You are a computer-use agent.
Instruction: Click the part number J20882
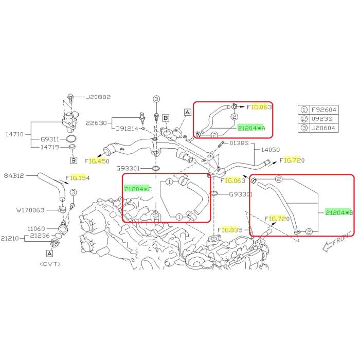click(98, 97)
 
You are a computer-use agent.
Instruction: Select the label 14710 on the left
click(14, 134)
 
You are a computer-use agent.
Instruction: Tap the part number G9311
click(50, 139)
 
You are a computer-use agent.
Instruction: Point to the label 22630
click(97, 123)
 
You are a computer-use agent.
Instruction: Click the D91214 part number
click(127, 129)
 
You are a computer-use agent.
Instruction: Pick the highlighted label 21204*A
click(251, 128)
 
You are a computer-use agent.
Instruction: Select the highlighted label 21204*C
click(138, 189)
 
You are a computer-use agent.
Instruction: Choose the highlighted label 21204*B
click(339, 212)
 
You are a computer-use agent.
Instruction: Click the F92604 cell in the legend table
click(323, 110)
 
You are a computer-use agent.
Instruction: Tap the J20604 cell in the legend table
click(323, 128)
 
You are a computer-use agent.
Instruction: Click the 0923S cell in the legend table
click(321, 119)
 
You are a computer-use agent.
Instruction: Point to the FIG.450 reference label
click(97, 161)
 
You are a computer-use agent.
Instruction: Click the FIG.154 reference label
click(77, 178)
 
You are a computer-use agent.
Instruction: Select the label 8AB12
click(14, 176)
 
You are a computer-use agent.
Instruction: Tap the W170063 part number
click(30, 210)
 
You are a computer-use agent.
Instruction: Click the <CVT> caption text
click(50, 264)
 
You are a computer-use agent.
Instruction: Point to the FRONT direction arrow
click(337, 242)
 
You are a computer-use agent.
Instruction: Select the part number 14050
click(271, 150)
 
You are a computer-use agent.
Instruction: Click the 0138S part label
click(239, 143)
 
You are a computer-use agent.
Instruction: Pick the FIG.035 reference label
click(230, 229)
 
